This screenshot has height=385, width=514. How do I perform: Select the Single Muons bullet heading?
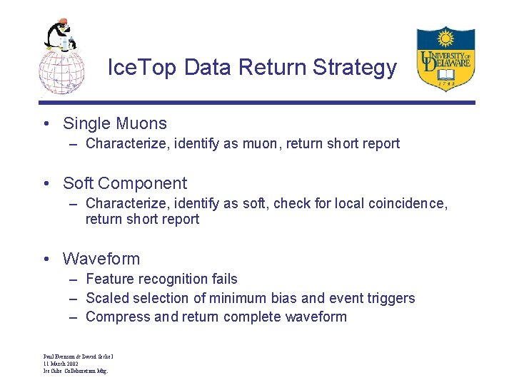tap(115, 123)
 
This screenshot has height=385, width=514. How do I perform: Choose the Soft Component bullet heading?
tap(125, 183)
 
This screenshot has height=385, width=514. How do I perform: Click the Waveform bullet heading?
tap(101, 259)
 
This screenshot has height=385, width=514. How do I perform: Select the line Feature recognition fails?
tap(161, 279)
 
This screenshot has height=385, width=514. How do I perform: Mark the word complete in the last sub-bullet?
tap(252, 317)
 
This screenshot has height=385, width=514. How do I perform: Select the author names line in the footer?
tap(79, 356)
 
